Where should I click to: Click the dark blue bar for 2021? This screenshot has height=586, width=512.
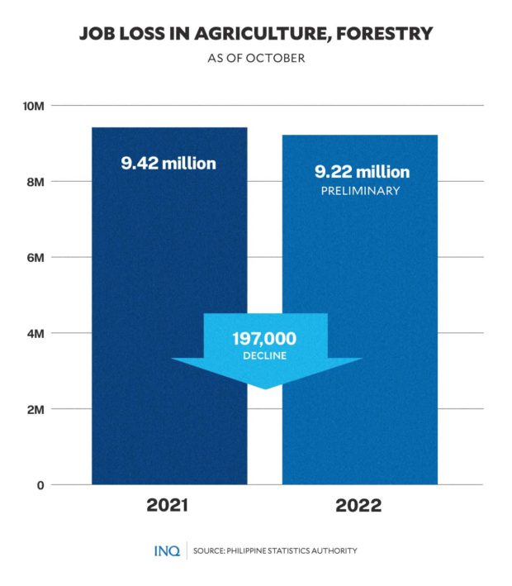point(168,248)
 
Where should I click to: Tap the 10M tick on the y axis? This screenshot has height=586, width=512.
point(36,106)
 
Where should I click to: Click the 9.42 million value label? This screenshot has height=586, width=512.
point(168,164)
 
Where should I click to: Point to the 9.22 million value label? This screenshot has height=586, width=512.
point(361,173)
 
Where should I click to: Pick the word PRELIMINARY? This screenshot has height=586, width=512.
point(361,192)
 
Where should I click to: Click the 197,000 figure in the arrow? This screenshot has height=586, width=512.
point(263,338)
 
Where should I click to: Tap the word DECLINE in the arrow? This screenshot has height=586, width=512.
point(263,355)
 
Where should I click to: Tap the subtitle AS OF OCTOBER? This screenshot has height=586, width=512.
point(255,59)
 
